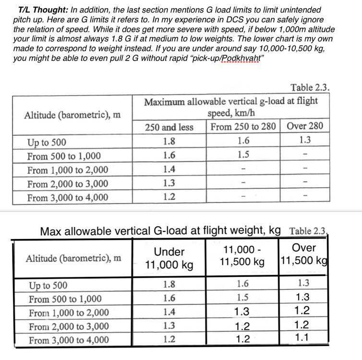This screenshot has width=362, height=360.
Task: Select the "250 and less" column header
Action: tap(169, 127)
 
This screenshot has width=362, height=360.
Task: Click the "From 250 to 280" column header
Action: tap(243, 127)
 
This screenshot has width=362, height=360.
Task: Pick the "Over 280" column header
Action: tap(304, 127)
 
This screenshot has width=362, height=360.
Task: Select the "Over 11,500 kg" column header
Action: tap(304, 254)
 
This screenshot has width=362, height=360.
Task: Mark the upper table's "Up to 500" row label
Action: tap(47, 143)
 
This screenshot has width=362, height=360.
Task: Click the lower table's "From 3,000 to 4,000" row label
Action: tap(68, 341)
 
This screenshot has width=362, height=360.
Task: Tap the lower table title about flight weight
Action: tap(160, 231)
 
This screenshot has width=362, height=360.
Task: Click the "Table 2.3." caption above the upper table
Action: tap(310, 88)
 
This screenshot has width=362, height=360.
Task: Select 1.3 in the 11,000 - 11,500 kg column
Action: tap(242, 312)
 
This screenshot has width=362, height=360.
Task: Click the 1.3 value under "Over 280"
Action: tap(304, 141)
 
